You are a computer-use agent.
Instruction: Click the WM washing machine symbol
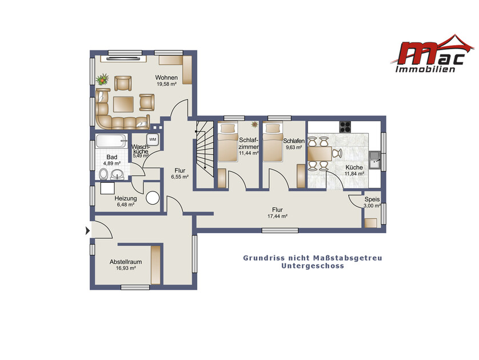(153, 139)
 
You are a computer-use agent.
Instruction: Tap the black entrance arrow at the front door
(87, 231)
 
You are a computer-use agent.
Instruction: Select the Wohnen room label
(166, 78)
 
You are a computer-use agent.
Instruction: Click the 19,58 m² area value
(166, 84)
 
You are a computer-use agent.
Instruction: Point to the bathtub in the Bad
(111, 141)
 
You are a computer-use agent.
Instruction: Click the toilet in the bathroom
(103, 174)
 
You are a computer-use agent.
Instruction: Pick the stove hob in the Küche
(345, 127)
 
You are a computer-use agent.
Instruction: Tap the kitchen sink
(374, 159)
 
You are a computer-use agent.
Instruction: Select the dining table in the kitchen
(320, 154)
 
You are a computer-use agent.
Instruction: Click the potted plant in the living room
(102, 79)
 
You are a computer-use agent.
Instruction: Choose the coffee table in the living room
(123, 105)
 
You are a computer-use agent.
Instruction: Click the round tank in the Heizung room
(153, 198)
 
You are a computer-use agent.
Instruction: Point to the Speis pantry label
(372, 199)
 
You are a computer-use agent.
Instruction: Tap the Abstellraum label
(126, 262)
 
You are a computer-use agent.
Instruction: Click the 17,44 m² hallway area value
(277, 216)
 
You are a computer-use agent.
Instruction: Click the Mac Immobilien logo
(432, 54)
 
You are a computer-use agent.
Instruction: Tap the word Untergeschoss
(313, 266)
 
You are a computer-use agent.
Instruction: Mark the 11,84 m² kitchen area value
(354, 174)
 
